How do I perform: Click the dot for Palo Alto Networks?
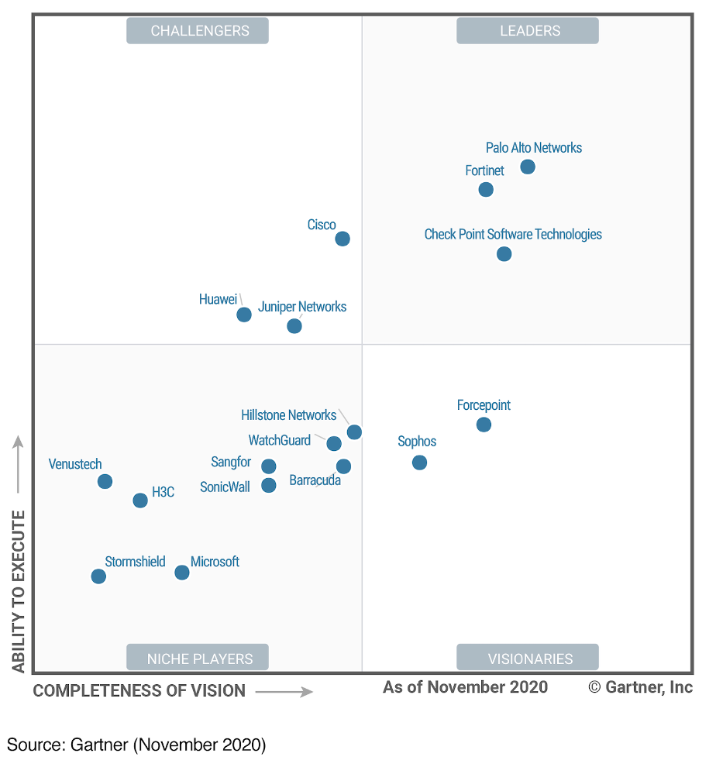[528, 167]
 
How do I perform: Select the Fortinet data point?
[486, 189]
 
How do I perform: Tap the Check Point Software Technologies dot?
[504, 253]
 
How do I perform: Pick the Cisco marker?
[343, 239]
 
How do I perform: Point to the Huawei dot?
[244, 315]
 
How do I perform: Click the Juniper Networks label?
[302, 307]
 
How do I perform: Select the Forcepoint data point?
[484, 424]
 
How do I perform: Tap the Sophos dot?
[419, 463]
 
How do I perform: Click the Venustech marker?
[105, 481]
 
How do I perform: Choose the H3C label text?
[163, 492]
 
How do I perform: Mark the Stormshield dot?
[98, 576]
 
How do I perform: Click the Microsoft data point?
[182, 573]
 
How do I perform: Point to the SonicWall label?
[225, 487]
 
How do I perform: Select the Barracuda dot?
[343, 466]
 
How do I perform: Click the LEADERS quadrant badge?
[527, 31]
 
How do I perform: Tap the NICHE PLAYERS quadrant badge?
[198, 658]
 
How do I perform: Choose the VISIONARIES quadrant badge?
[527, 658]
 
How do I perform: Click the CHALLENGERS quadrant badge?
[198, 31]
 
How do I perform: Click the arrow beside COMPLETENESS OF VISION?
[284, 691]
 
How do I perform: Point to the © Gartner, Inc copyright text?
[640, 687]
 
